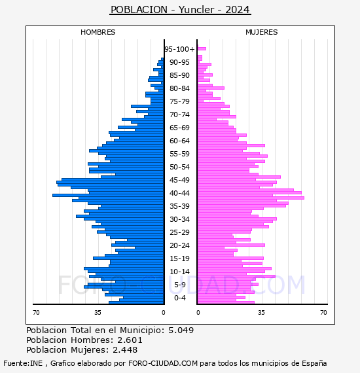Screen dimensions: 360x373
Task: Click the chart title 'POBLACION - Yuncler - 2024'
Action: [181, 10]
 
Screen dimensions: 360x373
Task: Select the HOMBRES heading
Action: [98, 32]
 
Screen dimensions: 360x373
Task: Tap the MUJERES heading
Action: [262, 32]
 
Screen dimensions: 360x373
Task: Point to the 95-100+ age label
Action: [179, 49]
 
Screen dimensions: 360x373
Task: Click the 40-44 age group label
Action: [179, 193]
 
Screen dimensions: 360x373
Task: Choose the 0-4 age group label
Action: [180, 298]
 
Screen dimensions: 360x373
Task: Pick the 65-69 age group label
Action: [179, 128]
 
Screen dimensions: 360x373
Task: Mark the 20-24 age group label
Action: [179, 245]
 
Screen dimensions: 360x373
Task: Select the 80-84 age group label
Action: [179, 88]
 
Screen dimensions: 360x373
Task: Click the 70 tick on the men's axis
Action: [36, 312]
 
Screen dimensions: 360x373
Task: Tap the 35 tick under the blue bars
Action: [98, 312]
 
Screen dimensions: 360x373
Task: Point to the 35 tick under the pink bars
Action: [261, 312]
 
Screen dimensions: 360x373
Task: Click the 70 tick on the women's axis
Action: [323, 312]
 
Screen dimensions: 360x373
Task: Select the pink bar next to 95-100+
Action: [202, 49]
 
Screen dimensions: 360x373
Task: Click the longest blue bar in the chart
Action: [108, 195]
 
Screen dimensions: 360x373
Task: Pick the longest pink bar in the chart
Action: [251, 198]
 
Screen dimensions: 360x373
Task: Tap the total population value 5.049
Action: [181, 330]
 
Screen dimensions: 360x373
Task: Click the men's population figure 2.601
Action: [130, 340]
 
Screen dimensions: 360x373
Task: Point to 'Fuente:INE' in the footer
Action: [23, 363]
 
